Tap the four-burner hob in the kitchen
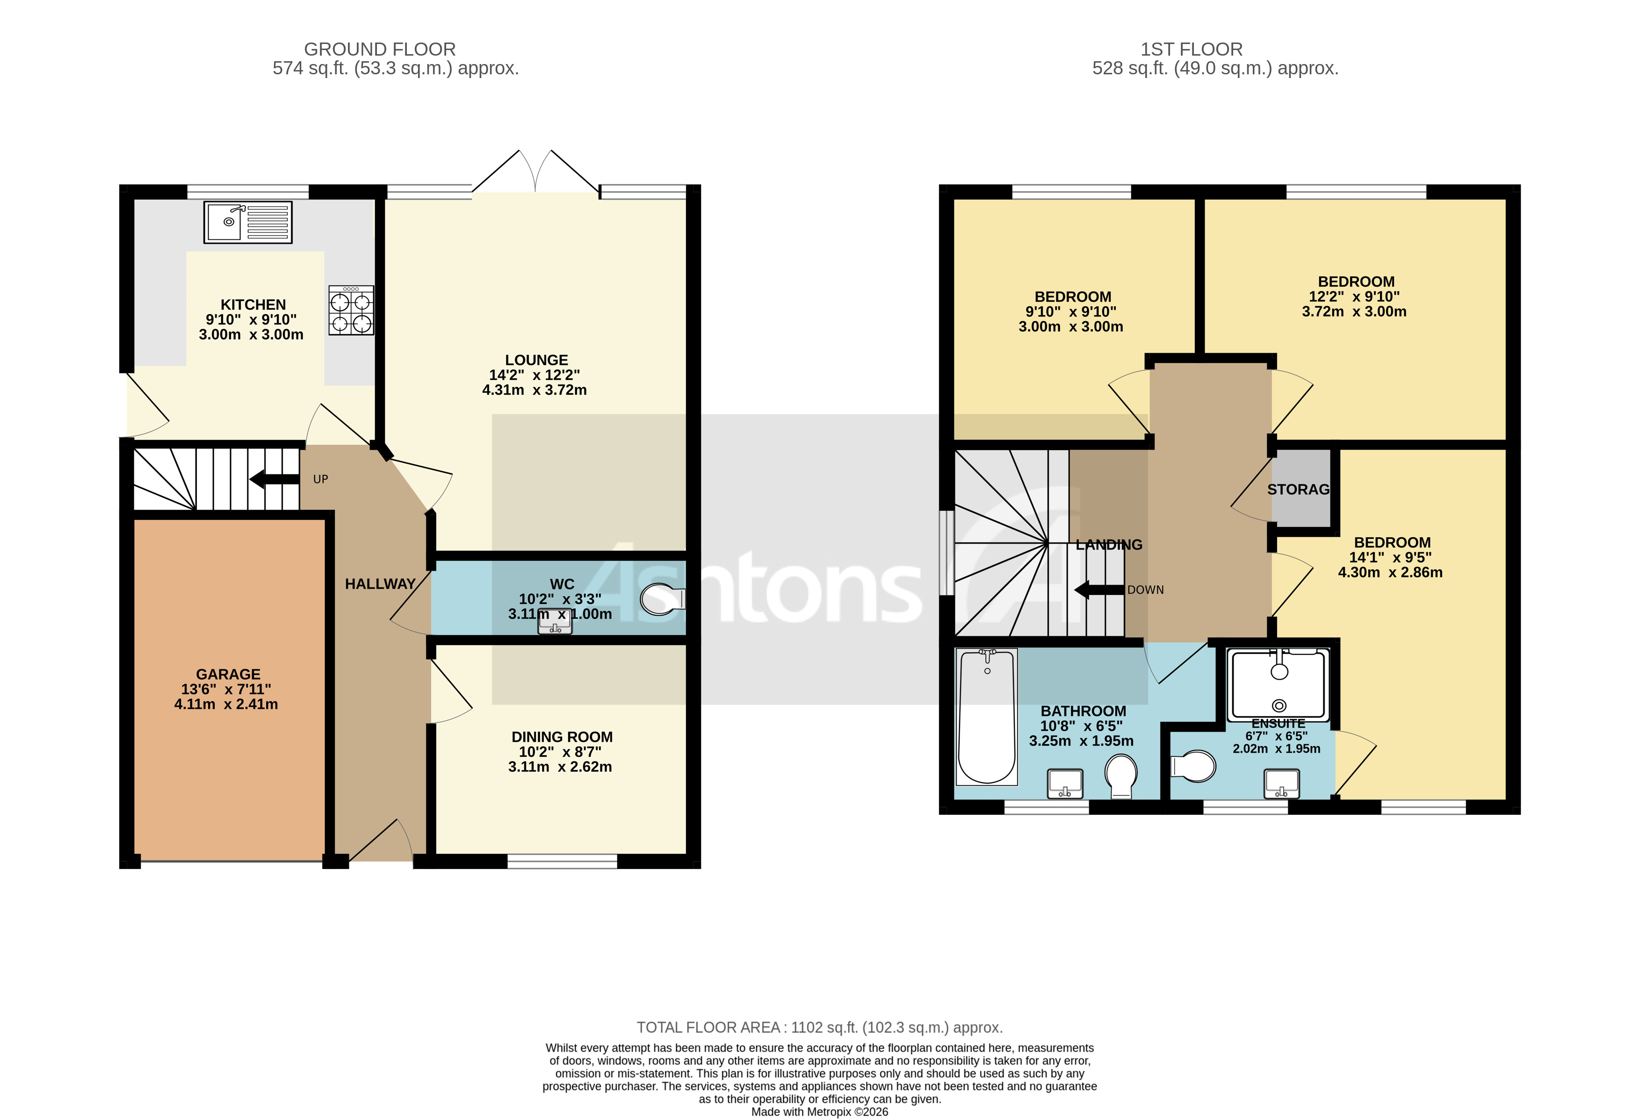coord(351,310)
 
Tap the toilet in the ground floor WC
coord(662,599)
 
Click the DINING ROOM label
coord(562,737)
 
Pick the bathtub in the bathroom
coord(987,716)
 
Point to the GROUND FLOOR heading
coord(380,50)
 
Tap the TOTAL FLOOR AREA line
coord(819,1027)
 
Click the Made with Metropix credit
coord(819,1112)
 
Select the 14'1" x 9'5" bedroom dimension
coord(1390,557)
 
